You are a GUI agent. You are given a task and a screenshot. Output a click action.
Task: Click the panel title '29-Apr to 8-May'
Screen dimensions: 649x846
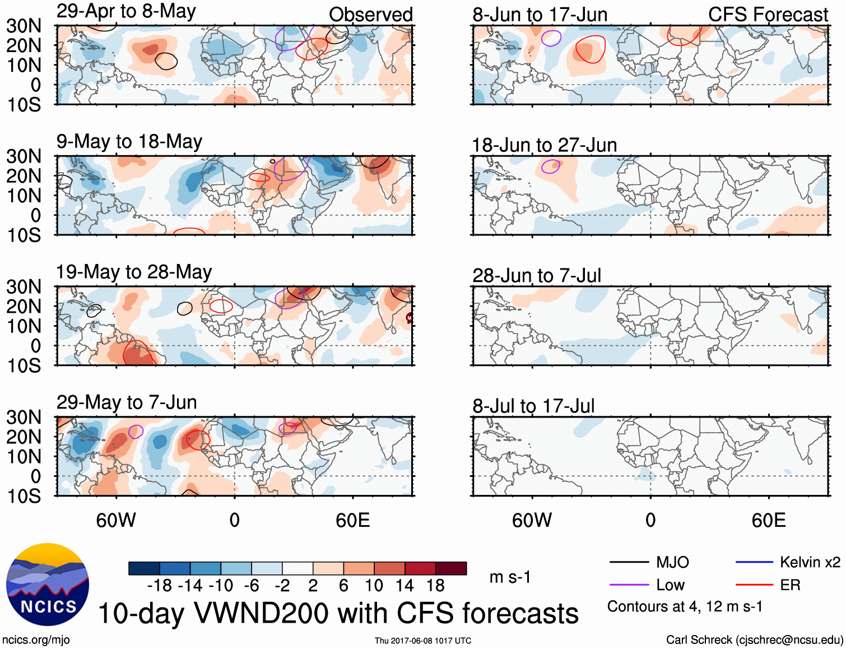[x=126, y=12]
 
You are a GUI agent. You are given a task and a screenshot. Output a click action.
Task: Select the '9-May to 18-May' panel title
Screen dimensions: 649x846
[x=129, y=142]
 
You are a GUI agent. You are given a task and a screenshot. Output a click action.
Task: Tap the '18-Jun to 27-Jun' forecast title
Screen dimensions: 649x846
[x=544, y=145]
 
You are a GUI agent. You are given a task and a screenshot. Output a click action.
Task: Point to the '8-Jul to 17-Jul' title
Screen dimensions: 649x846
[x=533, y=406]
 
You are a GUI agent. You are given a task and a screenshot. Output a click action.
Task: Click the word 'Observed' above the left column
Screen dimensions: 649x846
[x=370, y=15]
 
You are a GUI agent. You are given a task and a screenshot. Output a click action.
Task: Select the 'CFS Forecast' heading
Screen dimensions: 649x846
[x=768, y=15]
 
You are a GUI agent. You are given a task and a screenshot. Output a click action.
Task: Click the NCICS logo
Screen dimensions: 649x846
[x=48, y=585]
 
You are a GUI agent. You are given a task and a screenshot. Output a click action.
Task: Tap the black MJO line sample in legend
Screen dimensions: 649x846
[x=629, y=562]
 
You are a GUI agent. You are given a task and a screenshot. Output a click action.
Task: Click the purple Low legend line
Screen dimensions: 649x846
[x=629, y=585]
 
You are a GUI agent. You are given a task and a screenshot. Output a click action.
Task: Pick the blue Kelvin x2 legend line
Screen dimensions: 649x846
[x=754, y=562]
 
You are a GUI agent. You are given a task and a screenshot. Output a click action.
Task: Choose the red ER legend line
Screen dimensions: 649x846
[x=754, y=585]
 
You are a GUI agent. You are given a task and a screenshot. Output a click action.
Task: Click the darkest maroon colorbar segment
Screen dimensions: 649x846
[x=451, y=568]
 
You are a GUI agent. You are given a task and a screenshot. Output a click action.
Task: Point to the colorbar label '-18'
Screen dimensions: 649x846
[x=159, y=586]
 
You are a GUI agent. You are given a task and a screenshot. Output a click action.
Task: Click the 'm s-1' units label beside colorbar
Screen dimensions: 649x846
[x=510, y=577]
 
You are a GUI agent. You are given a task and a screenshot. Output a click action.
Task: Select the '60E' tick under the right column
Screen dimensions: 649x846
[x=768, y=520]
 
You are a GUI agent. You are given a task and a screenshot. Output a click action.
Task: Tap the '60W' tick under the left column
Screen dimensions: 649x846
[x=116, y=520]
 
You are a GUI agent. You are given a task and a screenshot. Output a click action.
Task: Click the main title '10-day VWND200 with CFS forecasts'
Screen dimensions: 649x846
[x=338, y=613]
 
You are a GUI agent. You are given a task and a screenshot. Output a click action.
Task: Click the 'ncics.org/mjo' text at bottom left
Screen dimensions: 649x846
[x=36, y=640]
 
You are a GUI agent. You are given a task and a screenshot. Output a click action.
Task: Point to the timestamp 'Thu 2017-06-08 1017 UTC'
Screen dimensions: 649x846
[x=423, y=641]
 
